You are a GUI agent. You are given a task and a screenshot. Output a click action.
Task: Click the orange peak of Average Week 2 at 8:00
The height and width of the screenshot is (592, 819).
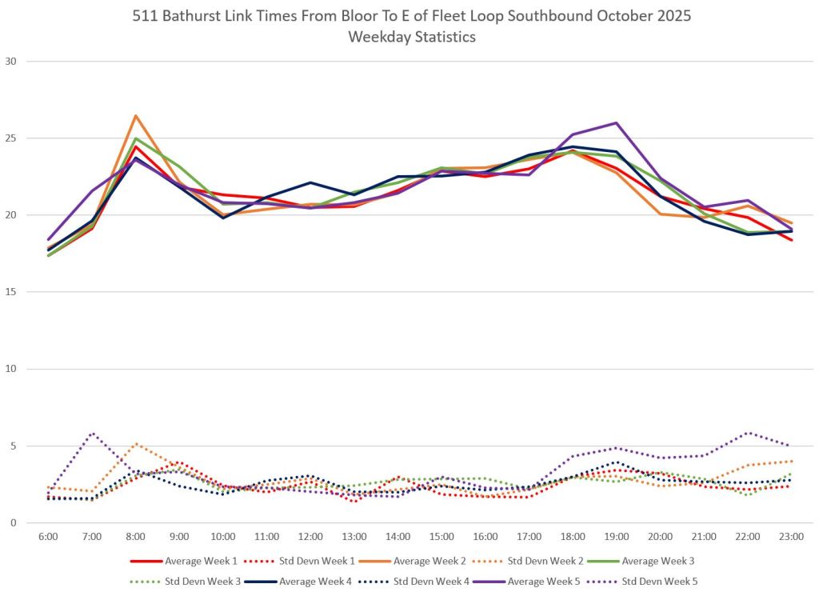pos(136,116)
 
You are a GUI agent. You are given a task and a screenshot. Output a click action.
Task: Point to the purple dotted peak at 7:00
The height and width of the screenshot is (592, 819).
pos(93,434)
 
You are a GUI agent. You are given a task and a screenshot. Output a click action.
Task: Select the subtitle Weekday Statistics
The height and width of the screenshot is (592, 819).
pos(409,37)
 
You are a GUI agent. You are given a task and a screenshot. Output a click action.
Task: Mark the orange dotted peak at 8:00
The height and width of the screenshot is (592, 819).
pos(136,444)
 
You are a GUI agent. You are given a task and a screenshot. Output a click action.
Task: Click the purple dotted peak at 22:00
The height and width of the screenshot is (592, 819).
pos(747,433)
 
